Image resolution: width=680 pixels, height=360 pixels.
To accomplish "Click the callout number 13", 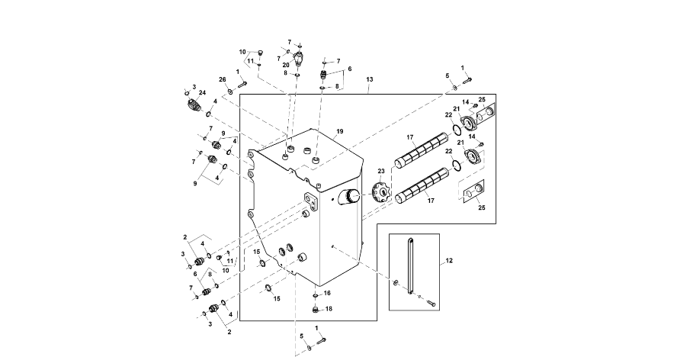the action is tap(370, 80).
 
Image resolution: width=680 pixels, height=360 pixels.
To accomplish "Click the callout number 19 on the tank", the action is tap(339, 131).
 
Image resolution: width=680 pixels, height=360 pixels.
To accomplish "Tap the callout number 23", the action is tap(381, 172).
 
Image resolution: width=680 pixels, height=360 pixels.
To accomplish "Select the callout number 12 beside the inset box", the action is tap(449, 261).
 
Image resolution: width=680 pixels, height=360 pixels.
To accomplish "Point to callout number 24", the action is tap(202, 93).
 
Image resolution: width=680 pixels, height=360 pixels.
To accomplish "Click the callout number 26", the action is tap(223, 80).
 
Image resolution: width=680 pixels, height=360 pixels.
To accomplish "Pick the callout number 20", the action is tap(286, 66).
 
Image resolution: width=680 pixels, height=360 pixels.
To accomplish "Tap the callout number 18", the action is tap(329, 309).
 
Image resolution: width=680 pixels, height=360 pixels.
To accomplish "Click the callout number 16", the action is tap(327, 293).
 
